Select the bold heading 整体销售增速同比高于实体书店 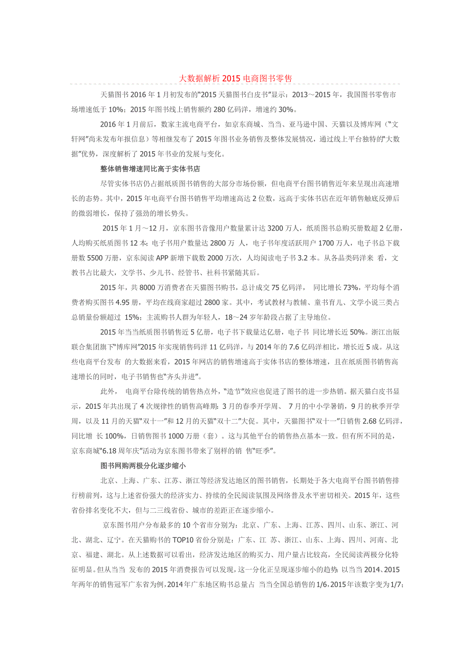(154, 169)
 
